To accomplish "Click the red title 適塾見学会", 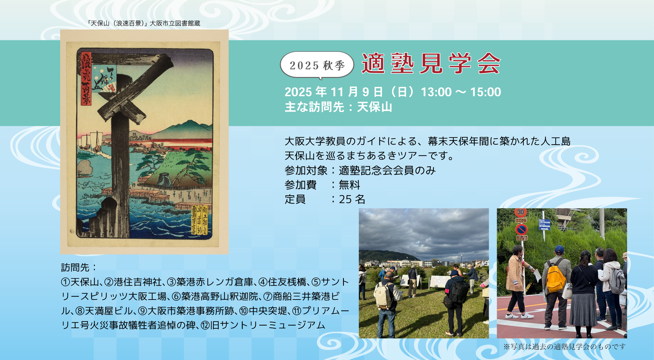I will click(x=431, y=64).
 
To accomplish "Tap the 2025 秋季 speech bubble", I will click(x=317, y=65).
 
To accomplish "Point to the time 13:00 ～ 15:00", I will click(x=461, y=92).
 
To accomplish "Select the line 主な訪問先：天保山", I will click(x=338, y=107).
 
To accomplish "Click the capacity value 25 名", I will click(x=352, y=199).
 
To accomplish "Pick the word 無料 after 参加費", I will click(x=349, y=185).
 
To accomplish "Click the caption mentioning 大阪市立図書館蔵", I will click(x=144, y=23).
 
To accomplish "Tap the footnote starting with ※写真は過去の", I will click(x=564, y=347).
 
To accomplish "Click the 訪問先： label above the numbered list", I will click(x=79, y=267).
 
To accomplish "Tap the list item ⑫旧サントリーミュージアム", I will click(x=263, y=325).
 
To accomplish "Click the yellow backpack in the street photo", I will click(x=556, y=278).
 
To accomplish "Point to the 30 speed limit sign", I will click(x=521, y=212).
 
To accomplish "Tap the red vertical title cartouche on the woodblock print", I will click(x=86, y=79).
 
